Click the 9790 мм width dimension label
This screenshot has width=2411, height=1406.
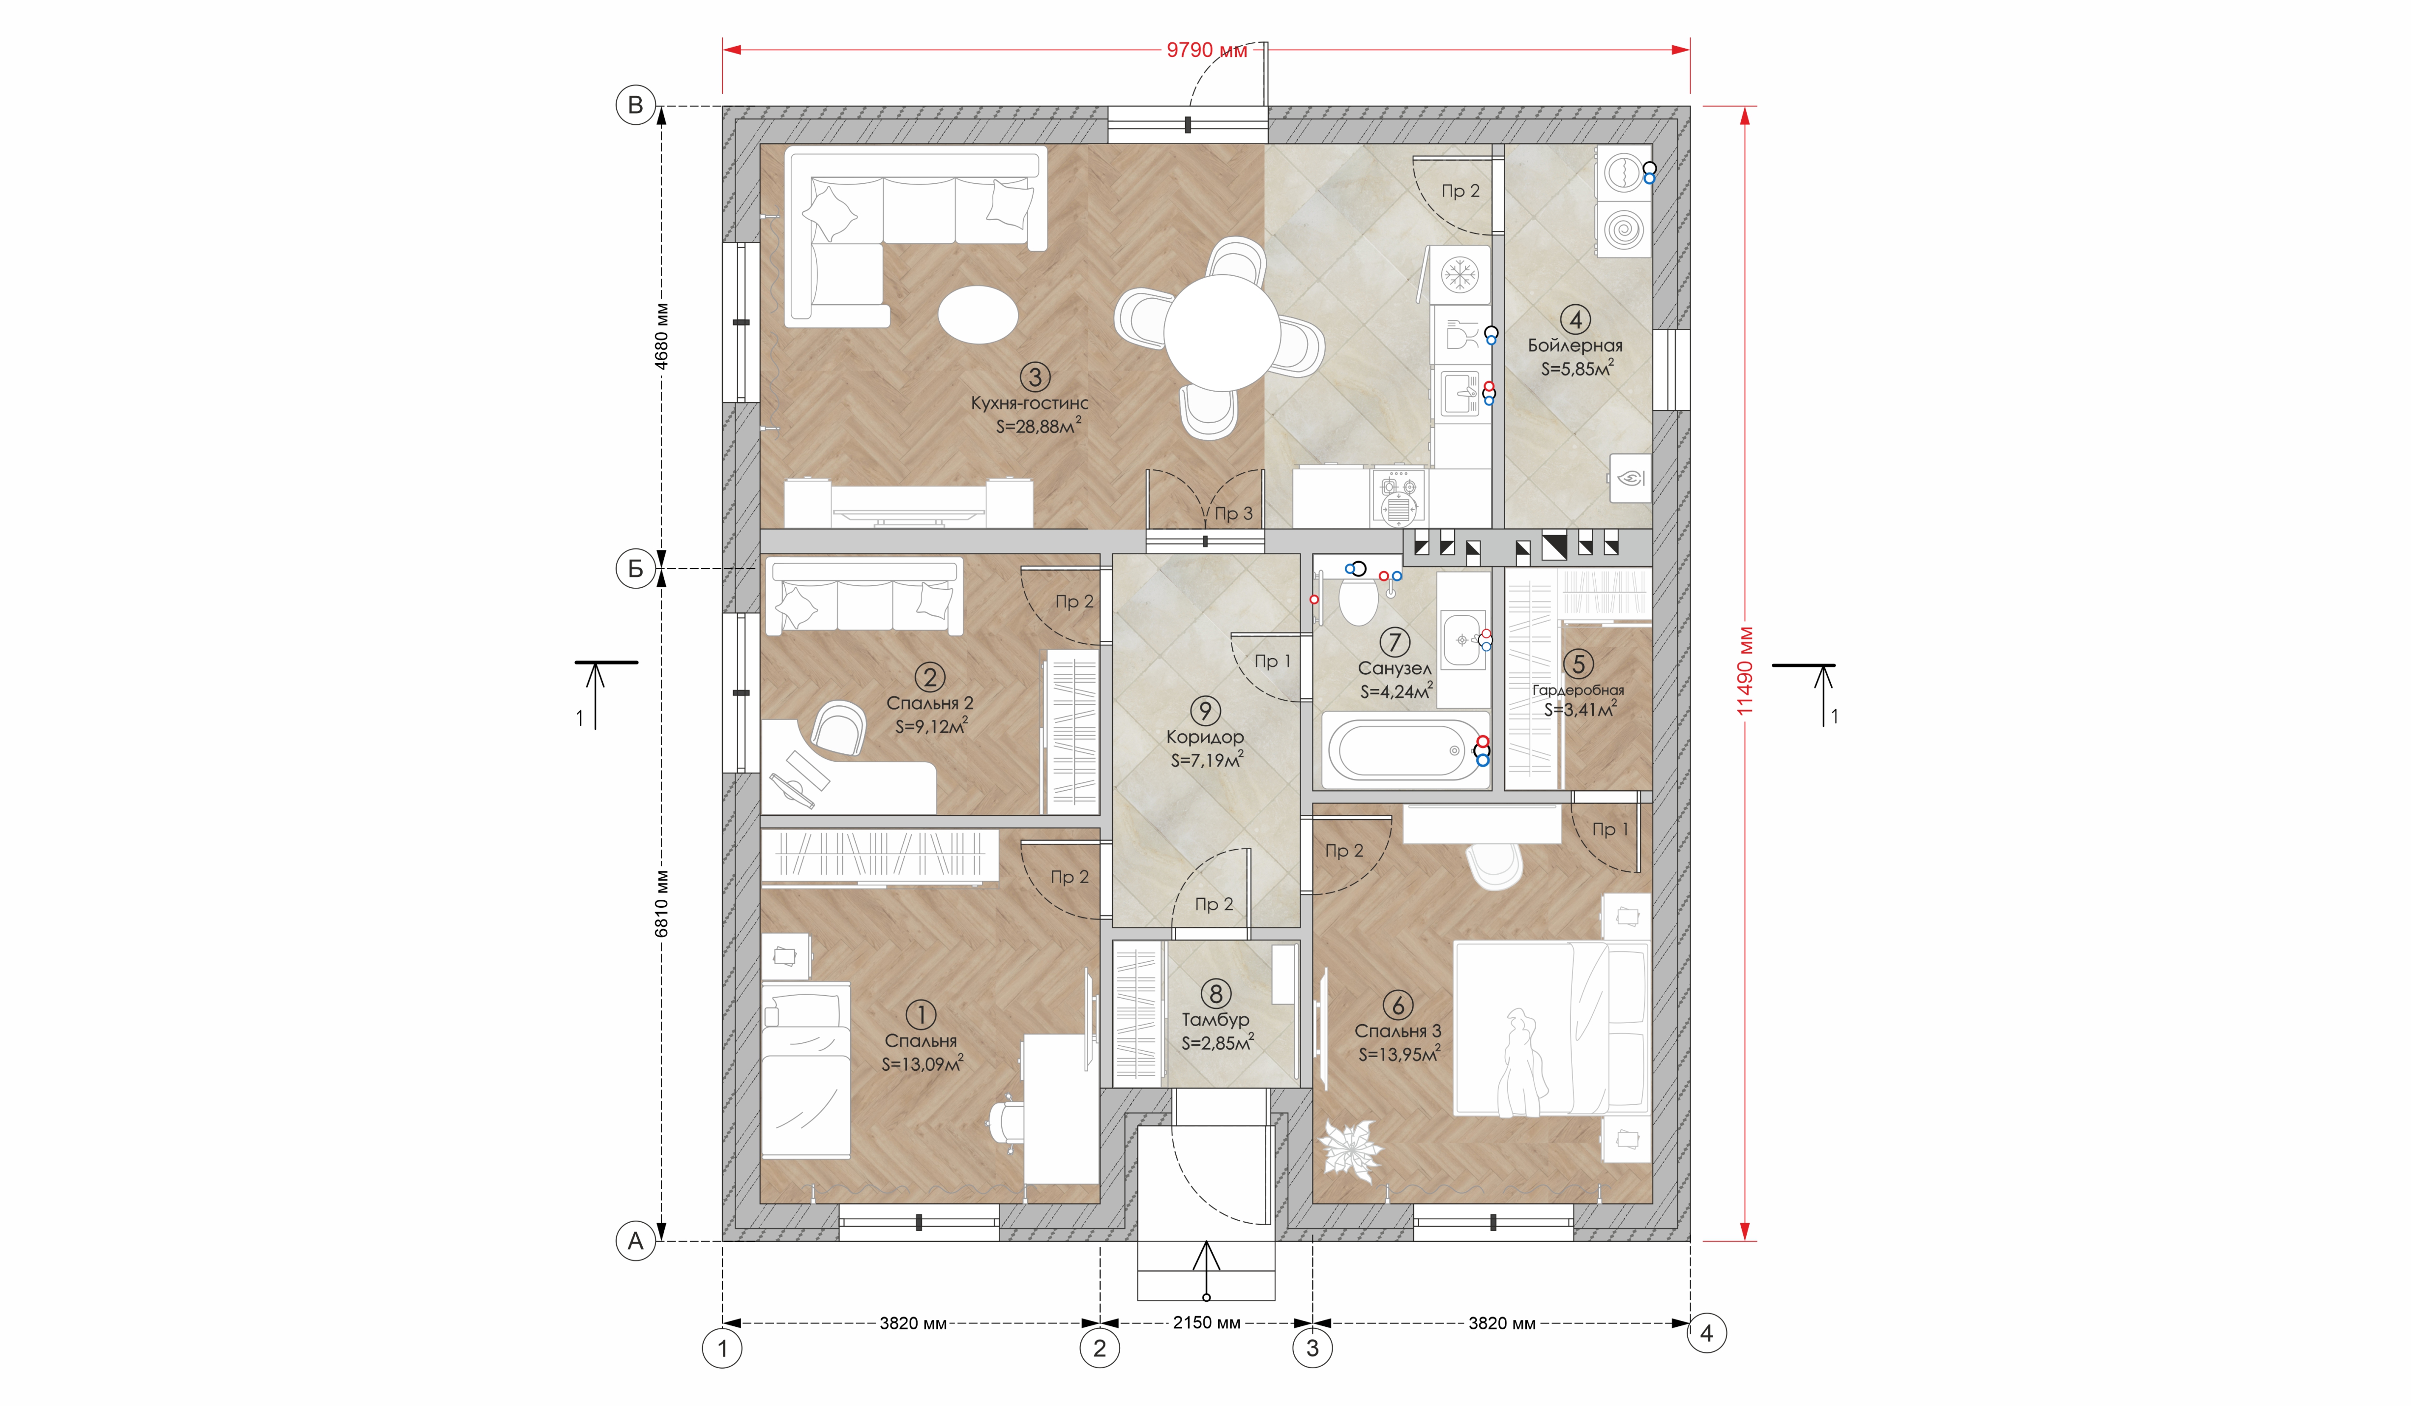[1206, 50]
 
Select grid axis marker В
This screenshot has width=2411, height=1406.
[635, 105]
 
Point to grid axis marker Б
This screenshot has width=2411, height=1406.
[635, 569]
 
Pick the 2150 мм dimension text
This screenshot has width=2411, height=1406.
[1206, 1323]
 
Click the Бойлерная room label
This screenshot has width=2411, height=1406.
[1575, 345]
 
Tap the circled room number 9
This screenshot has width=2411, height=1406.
[1205, 711]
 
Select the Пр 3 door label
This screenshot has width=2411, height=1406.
[1232, 514]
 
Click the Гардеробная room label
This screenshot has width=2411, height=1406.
[1578, 689]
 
